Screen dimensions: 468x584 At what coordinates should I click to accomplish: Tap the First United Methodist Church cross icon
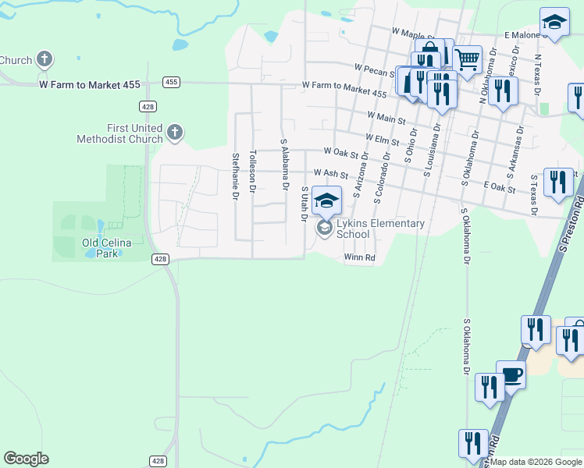(175, 133)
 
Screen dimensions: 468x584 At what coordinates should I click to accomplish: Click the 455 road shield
(172, 82)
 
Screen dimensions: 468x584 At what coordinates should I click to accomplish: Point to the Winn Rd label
(359, 257)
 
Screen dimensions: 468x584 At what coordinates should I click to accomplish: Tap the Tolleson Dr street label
(252, 171)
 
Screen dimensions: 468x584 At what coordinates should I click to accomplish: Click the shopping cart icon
(467, 59)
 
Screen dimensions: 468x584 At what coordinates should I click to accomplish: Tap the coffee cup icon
(511, 376)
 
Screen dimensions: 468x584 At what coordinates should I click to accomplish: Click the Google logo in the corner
(26, 459)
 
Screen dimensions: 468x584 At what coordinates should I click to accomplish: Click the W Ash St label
(330, 172)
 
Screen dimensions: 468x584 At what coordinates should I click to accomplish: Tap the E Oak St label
(500, 189)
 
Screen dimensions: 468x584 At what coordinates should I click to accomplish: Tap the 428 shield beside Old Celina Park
(160, 259)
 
